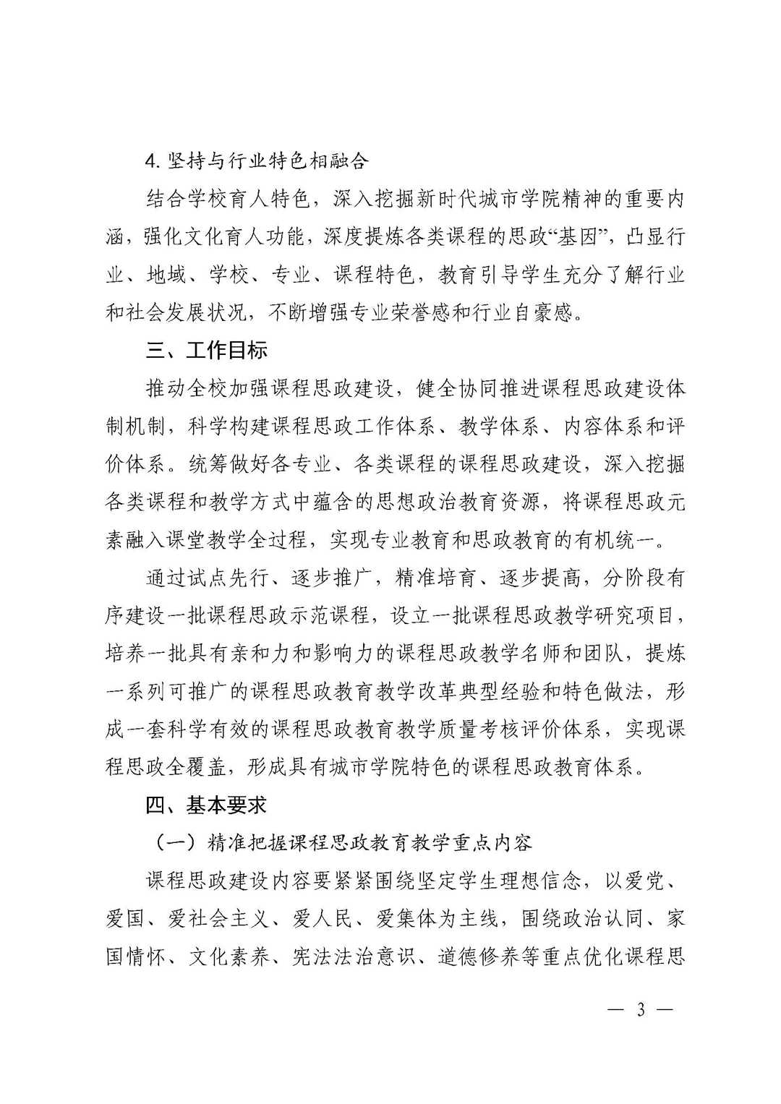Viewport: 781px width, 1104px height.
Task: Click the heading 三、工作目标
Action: click(207, 351)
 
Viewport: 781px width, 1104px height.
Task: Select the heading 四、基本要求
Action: click(207, 805)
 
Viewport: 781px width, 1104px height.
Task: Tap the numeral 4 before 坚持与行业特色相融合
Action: click(151, 161)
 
